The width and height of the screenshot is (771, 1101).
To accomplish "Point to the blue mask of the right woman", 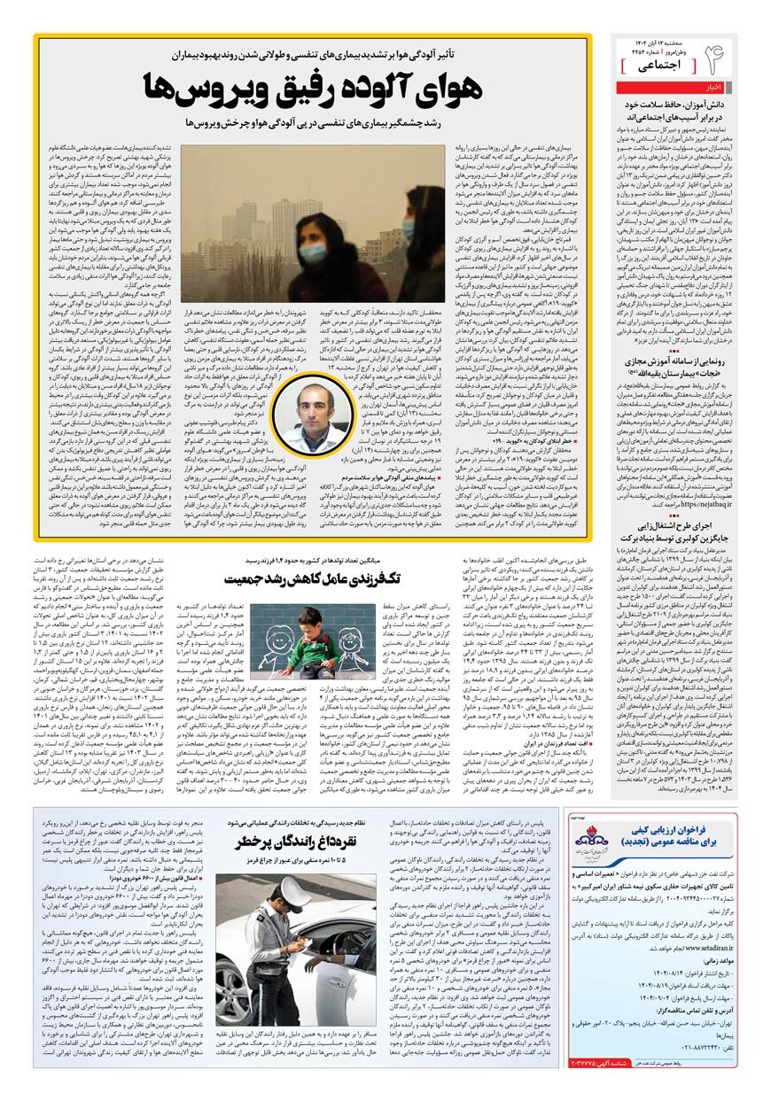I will tap(408, 228).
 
